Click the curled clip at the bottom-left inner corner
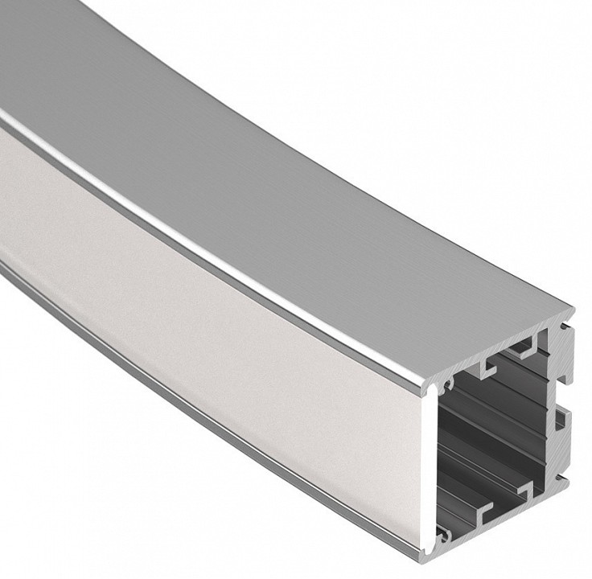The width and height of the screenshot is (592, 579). tap(443, 536)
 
